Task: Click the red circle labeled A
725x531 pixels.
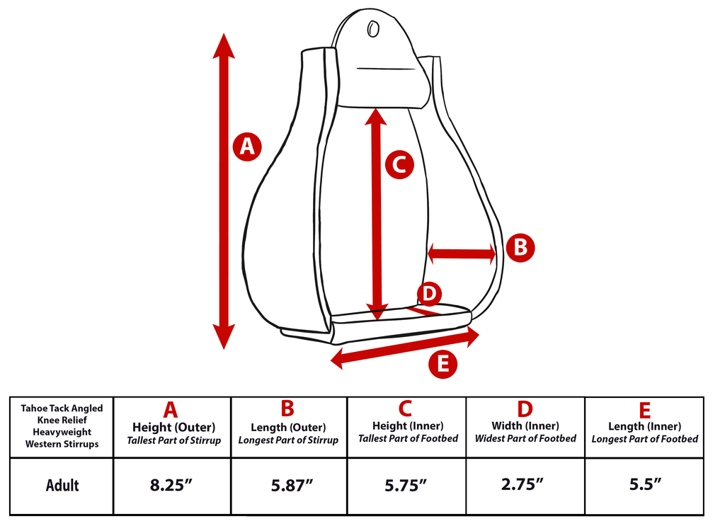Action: point(246,147)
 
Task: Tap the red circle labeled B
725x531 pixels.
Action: point(520,248)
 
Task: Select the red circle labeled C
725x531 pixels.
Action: point(399,165)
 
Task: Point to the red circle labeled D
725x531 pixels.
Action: point(429,293)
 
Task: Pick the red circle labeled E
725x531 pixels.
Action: point(443,364)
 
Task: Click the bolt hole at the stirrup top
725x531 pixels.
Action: point(372,29)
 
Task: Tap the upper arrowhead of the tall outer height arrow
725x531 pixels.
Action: point(224,47)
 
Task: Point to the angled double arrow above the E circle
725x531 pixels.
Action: point(405,349)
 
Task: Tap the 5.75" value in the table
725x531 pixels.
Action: point(407,486)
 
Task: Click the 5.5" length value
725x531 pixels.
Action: point(644,486)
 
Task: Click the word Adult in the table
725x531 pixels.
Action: point(62,486)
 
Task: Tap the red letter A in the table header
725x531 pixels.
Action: point(171,410)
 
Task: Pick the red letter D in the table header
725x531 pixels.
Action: point(525,409)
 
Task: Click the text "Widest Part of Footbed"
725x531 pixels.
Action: point(525,439)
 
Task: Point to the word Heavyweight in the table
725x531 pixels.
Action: point(62,432)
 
